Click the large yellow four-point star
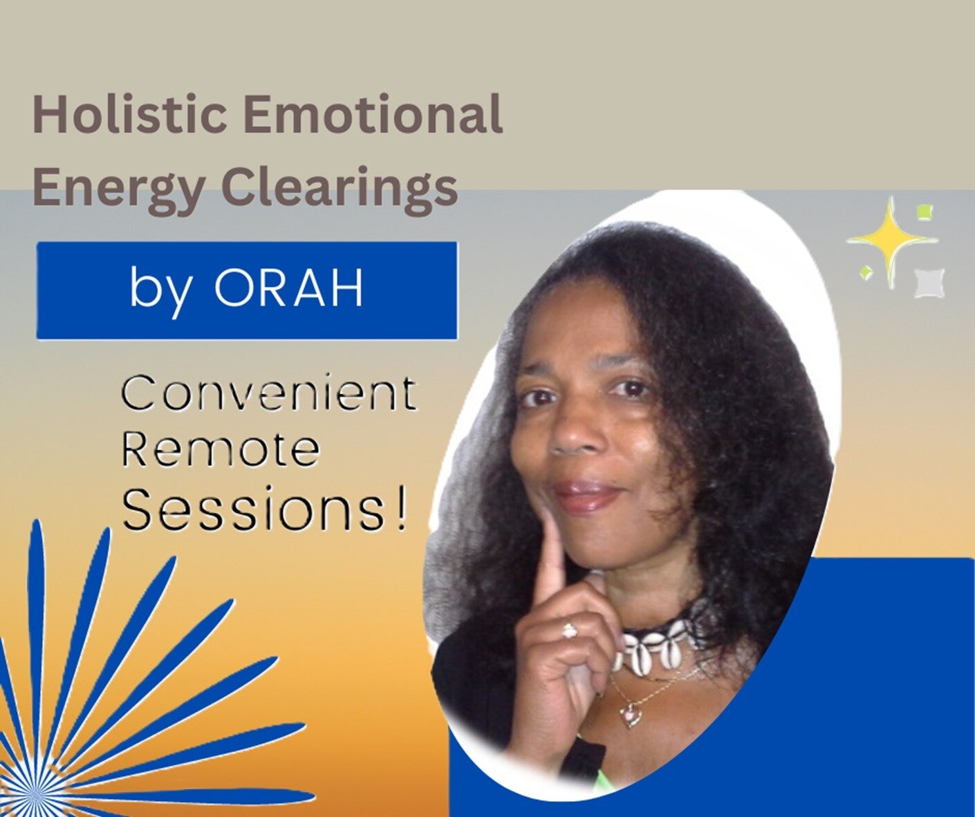(x=891, y=241)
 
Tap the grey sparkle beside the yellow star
(x=928, y=283)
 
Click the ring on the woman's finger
(x=569, y=631)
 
